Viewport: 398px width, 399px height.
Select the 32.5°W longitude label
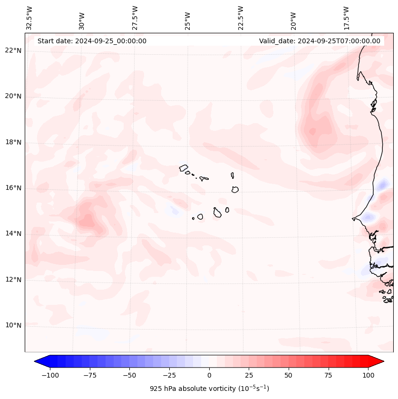[29, 18]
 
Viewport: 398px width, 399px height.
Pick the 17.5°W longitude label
[346, 18]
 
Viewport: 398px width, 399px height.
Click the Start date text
[92, 41]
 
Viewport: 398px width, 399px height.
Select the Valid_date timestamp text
[320, 41]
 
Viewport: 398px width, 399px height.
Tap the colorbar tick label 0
[209, 375]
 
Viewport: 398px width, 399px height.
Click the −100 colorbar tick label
[50, 375]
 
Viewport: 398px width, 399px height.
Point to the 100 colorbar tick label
[368, 375]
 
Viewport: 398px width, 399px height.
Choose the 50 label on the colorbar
[289, 375]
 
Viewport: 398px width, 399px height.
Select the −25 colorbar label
[169, 375]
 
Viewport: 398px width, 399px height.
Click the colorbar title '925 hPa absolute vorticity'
[209, 389]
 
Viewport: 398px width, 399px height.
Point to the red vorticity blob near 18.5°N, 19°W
[316, 127]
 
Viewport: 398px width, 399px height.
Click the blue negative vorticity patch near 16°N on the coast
[382, 185]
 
